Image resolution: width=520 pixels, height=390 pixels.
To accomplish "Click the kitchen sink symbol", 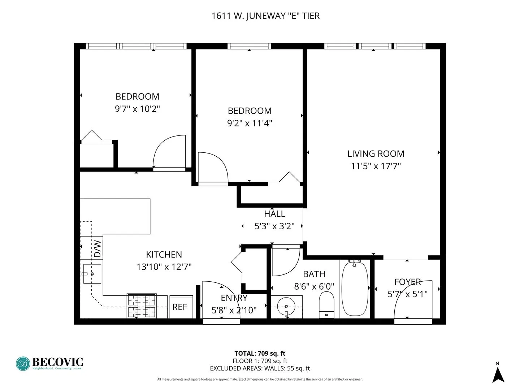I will [x=92, y=274].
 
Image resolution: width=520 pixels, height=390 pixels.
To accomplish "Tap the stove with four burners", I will [x=142, y=306].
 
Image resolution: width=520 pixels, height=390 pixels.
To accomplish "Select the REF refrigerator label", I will [x=180, y=307].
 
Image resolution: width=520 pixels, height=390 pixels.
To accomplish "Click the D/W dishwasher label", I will [x=97, y=248].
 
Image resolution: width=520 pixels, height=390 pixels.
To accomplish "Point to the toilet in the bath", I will [x=327, y=304].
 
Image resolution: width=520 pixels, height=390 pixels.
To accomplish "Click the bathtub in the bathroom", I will [x=355, y=289].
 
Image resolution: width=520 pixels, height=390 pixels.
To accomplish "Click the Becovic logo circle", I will [x=23, y=364].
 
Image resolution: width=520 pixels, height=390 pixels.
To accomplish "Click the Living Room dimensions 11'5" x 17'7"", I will [x=376, y=166].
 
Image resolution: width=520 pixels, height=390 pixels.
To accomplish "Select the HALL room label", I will [x=274, y=214].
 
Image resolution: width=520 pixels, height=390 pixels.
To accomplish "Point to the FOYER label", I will [x=407, y=282].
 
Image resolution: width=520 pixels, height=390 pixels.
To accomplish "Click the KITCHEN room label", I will [x=164, y=255].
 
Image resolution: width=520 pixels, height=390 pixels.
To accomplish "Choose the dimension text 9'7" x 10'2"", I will [x=137, y=109].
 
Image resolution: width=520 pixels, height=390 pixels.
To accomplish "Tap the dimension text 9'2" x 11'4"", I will [x=250, y=123].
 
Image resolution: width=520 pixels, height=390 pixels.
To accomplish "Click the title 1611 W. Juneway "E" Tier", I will [x=265, y=16].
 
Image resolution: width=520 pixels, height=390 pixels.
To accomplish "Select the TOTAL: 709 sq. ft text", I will [x=260, y=354].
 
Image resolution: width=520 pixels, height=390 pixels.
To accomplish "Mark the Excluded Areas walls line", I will [x=260, y=368].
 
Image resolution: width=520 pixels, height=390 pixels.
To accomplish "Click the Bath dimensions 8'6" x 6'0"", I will [x=314, y=286].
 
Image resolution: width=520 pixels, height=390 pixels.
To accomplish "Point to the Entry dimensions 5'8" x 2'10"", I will [x=234, y=310].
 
